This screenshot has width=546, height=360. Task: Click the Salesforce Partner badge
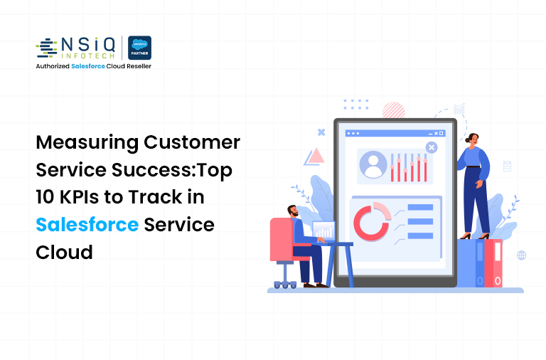[139, 48]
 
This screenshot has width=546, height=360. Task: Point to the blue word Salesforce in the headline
[87, 225]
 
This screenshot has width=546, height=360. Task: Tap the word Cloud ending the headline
[64, 252]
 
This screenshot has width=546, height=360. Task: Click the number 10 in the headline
[48, 198]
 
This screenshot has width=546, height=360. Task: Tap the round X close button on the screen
[431, 147]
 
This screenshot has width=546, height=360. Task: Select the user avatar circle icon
[373, 164]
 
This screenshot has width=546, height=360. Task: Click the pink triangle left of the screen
[314, 157]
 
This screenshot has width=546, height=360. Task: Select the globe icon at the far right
[521, 255]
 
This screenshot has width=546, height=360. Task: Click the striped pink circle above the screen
[393, 110]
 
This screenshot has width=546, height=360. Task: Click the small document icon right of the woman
[507, 166]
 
